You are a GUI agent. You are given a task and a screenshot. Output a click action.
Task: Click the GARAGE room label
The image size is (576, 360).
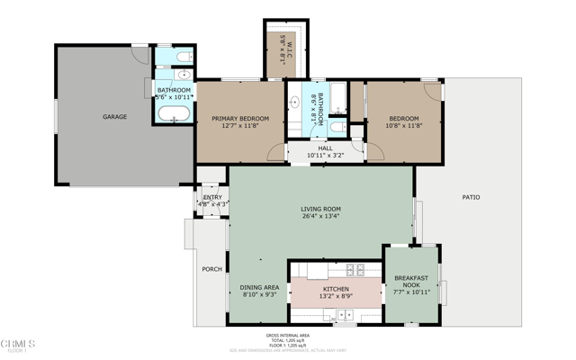tap(114, 117)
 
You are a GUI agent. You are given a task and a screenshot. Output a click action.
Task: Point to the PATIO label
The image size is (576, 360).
tap(471, 197)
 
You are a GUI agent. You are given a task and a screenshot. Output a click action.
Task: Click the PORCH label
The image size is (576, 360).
tap(211, 269)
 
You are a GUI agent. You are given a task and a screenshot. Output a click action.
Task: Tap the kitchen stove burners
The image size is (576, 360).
tap(355, 269)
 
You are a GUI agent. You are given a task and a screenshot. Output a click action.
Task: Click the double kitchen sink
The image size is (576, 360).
tap(344, 316)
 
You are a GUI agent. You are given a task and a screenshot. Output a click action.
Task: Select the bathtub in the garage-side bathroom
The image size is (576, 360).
tap(174, 113)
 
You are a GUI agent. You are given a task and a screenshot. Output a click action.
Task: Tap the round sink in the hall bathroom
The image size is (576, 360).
tap(295, 103)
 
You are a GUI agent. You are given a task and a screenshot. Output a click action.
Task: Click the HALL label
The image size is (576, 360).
tap(325, 148)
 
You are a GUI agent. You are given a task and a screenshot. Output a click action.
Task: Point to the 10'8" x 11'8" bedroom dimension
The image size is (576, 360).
tap(404, 126)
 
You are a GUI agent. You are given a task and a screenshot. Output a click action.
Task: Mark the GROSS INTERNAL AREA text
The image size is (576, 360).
tap(287, 336)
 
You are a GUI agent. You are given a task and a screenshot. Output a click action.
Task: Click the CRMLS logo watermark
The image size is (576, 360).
tap(18, 345)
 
